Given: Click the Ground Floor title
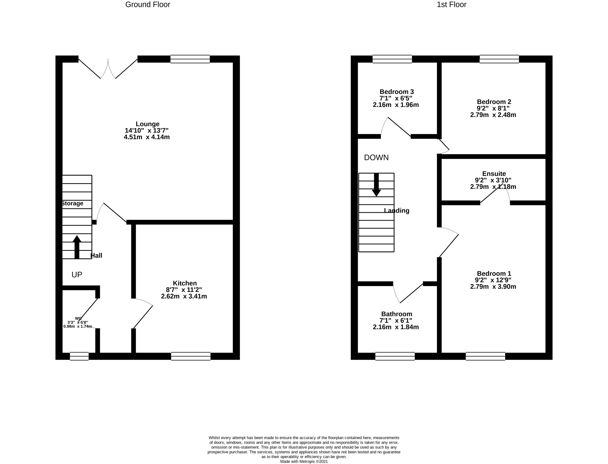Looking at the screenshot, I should [148, 5].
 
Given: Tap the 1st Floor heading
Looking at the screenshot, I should [451, 5].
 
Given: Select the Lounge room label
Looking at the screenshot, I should [147, 124].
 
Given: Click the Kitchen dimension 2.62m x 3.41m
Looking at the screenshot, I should [184, 296].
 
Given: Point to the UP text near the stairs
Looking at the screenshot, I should [77, 275].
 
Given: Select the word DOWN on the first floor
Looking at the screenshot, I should [376, 157].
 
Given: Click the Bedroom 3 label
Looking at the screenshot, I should [396, 92].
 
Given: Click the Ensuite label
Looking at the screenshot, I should [494, 174].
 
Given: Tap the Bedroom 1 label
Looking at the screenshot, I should [494, 273].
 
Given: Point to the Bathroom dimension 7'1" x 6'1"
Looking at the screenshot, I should [396, 320].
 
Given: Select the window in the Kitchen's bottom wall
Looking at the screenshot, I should [191, 356].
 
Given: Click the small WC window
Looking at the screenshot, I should [79, 356].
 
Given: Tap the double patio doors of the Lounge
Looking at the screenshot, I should [108, 68].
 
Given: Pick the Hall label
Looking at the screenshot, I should [96, 256].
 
